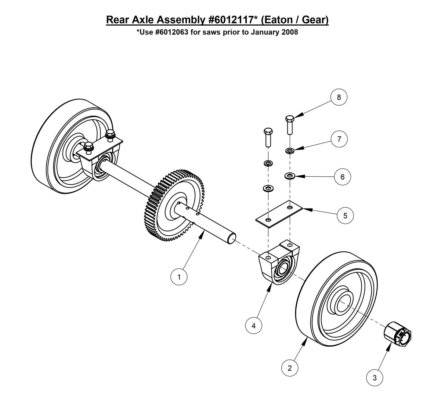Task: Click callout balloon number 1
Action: tap(179, 277)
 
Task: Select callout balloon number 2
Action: tap(289, 368)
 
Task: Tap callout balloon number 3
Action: tap(374, 378)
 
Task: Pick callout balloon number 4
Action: tap(254, 326)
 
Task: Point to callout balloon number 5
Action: tap(345, 215)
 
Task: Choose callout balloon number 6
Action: tap(342, 177)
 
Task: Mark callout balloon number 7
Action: tap(339, 139)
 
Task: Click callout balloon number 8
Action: tap(338, 97)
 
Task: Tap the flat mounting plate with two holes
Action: tap(279, 214)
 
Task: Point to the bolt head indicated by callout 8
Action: tap(290, 118)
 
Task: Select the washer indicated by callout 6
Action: tap(289, 176)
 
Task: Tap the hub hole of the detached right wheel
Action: tap(343, 304)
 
